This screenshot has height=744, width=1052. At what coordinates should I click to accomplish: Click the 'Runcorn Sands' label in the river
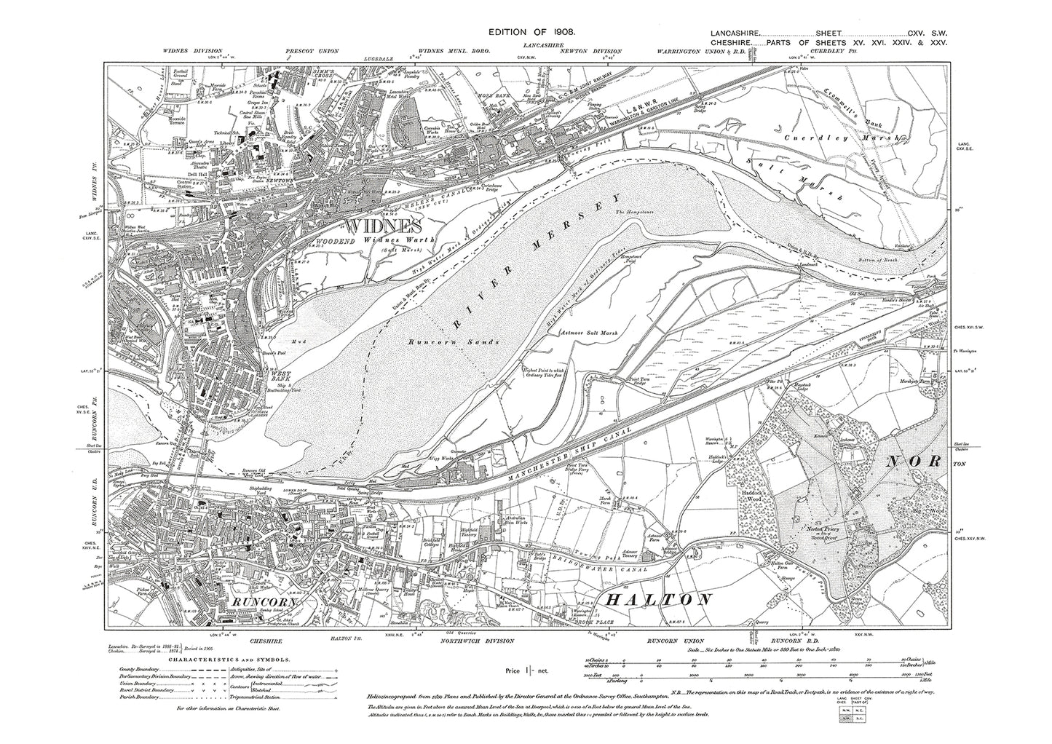click(433, 341)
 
